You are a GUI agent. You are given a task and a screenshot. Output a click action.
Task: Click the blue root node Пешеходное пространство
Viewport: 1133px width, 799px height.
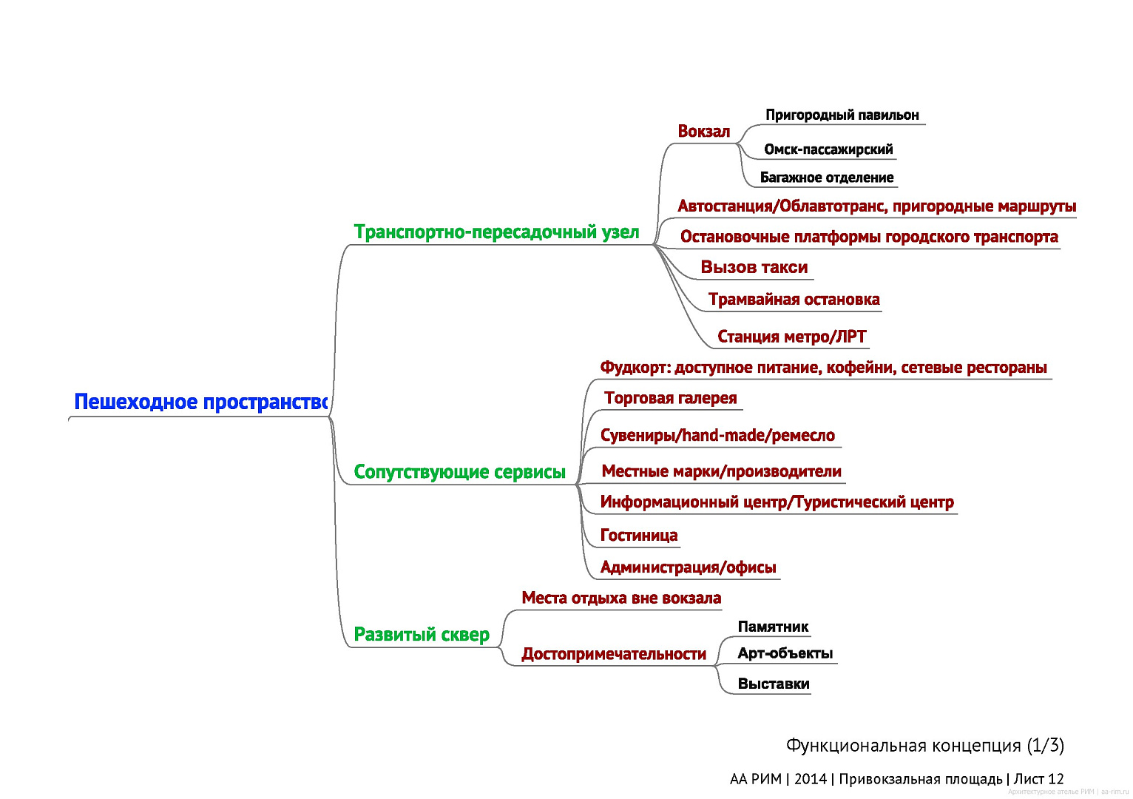pos(200,402)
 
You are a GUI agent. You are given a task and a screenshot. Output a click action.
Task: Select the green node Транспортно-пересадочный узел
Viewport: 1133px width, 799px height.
pos(496,232)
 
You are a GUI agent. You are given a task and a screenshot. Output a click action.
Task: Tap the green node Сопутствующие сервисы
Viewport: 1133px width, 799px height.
pos(459,471)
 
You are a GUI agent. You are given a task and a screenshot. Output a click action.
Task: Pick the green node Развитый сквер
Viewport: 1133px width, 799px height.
pos(422,634)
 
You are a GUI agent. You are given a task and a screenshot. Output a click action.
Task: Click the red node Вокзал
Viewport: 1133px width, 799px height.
pos(703,131)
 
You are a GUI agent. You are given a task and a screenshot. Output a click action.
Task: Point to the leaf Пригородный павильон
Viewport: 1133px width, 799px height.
pos(842,115)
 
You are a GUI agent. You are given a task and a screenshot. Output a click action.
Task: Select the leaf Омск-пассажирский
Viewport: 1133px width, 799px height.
pos(828,149)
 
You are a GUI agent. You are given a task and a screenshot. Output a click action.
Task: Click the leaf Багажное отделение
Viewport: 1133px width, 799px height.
pos(827,178)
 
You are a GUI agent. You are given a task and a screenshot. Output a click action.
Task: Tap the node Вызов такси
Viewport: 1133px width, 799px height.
pos(754,267)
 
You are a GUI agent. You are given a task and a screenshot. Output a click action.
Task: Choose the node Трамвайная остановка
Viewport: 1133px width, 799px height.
pos(794,299)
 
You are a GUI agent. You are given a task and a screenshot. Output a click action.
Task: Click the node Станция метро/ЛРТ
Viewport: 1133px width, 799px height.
pos(791,337)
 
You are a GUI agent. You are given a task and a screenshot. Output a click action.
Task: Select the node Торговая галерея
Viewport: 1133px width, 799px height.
pos(670,398)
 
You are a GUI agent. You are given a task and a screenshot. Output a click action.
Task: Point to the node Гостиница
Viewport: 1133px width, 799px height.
pos(639,535)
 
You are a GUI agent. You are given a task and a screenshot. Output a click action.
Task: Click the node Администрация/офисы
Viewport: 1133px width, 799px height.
pos(688,567)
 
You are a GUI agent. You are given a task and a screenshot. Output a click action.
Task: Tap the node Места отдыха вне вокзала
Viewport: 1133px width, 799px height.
pos(621,598)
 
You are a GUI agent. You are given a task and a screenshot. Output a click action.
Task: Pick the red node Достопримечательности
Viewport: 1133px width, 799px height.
pos(614,654)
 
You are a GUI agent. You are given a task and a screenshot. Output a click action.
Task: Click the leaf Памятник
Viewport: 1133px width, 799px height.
pos(773,627)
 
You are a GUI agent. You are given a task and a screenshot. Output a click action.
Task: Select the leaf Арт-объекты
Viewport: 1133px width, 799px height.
pos(785,653)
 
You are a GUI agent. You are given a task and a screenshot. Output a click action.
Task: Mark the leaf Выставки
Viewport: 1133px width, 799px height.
pos(774,684)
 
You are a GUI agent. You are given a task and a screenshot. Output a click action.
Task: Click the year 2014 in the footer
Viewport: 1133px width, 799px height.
pos(810,779)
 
